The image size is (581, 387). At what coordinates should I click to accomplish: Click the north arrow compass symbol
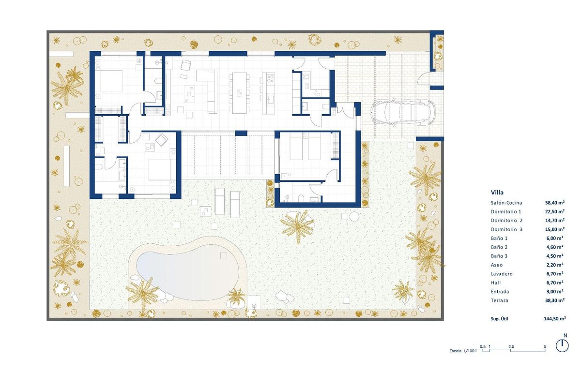pyautogui.click(x=562, y=345)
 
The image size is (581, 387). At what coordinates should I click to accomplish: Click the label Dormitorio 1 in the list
pyautogui.click(x=506, y=212)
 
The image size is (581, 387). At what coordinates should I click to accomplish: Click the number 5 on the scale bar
pyautogui.click(x=545, y=346)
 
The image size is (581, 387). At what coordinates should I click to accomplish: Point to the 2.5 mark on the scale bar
pyautogui.click(x=511, y=346)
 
